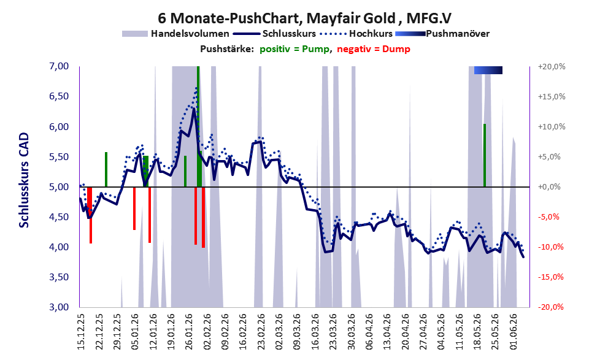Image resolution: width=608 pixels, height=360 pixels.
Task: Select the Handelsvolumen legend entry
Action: (175, 34)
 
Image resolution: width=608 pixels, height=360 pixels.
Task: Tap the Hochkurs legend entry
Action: (356, 34)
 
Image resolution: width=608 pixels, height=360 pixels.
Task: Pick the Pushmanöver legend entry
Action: (442, 34)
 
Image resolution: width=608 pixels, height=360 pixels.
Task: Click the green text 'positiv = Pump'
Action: (295, 49)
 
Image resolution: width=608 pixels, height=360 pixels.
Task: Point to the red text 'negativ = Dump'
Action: (374, 49)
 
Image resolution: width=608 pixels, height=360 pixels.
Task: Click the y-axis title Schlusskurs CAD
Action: (24, 180)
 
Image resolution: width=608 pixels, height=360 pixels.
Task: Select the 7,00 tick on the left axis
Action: (59, 66)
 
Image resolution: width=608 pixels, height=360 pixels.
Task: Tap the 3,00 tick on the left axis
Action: (59, 307)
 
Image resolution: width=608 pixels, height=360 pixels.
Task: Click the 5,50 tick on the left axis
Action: (59, 156)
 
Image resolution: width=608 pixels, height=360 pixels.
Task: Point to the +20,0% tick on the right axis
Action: (552, 67)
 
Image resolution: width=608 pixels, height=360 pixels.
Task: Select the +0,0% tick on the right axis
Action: (550, 187)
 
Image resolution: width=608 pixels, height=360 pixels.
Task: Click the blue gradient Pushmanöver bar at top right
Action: (488, 70)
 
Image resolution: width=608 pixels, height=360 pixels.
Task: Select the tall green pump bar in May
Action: (485, 155)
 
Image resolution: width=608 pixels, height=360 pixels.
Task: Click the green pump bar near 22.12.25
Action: (106, 169)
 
